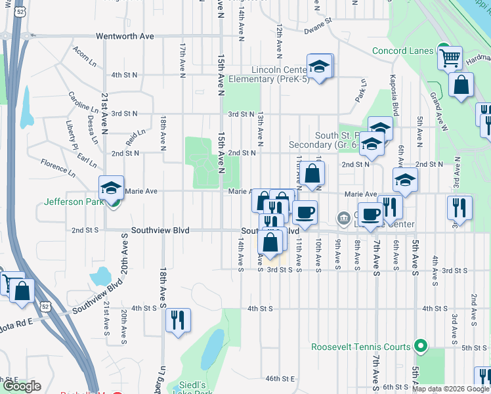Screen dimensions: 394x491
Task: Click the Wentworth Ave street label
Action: click(x=125, y=36)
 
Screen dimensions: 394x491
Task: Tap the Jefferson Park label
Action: click(x=73, y=202)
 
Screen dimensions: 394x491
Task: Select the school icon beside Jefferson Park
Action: click(x=111, y=188)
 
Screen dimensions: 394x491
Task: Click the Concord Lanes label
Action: click(x=402, y=51)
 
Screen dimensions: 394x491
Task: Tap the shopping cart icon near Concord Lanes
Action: click(x=450, y=58)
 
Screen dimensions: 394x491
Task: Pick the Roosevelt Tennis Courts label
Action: click(x=361, y=347)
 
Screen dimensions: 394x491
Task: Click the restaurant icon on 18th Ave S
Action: click(x=177, y=320)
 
